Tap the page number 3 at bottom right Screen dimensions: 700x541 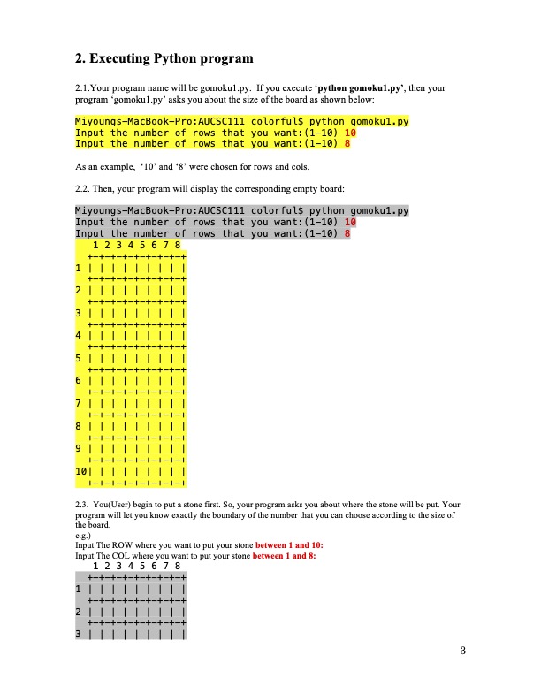461,652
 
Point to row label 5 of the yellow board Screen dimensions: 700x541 79,359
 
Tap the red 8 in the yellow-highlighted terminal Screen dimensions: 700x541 347,143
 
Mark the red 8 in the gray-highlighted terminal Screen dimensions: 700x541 347,234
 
